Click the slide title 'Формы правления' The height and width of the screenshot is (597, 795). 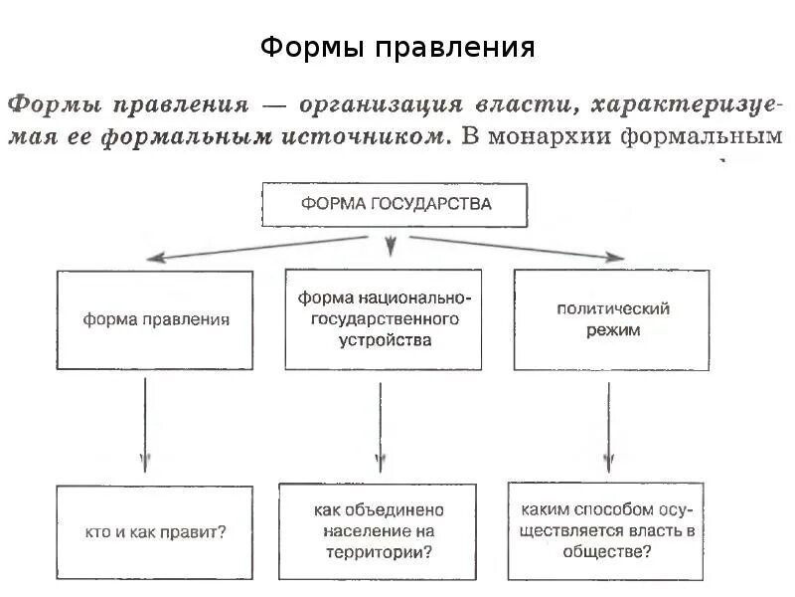click(x=397, y=48)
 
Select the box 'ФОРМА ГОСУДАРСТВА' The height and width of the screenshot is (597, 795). click(x=395, y=205)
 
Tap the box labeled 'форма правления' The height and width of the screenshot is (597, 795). click(x=156, y=320)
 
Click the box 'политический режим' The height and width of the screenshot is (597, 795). click(x=610, y=319)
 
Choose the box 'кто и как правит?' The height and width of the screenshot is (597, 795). click(x=156, y=531)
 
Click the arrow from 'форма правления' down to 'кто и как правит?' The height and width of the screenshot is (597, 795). click(x=146, y=423)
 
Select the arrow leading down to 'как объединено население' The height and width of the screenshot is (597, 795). click(x=379, y=423)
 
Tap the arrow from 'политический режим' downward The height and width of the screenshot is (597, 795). click(x=607, y=423)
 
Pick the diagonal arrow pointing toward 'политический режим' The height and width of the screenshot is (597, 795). click(x=517, y=248)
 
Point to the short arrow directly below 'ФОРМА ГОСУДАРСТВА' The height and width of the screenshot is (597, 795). click(x=391, y=243)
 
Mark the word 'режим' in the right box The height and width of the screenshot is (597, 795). click(x=612, y=330)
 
